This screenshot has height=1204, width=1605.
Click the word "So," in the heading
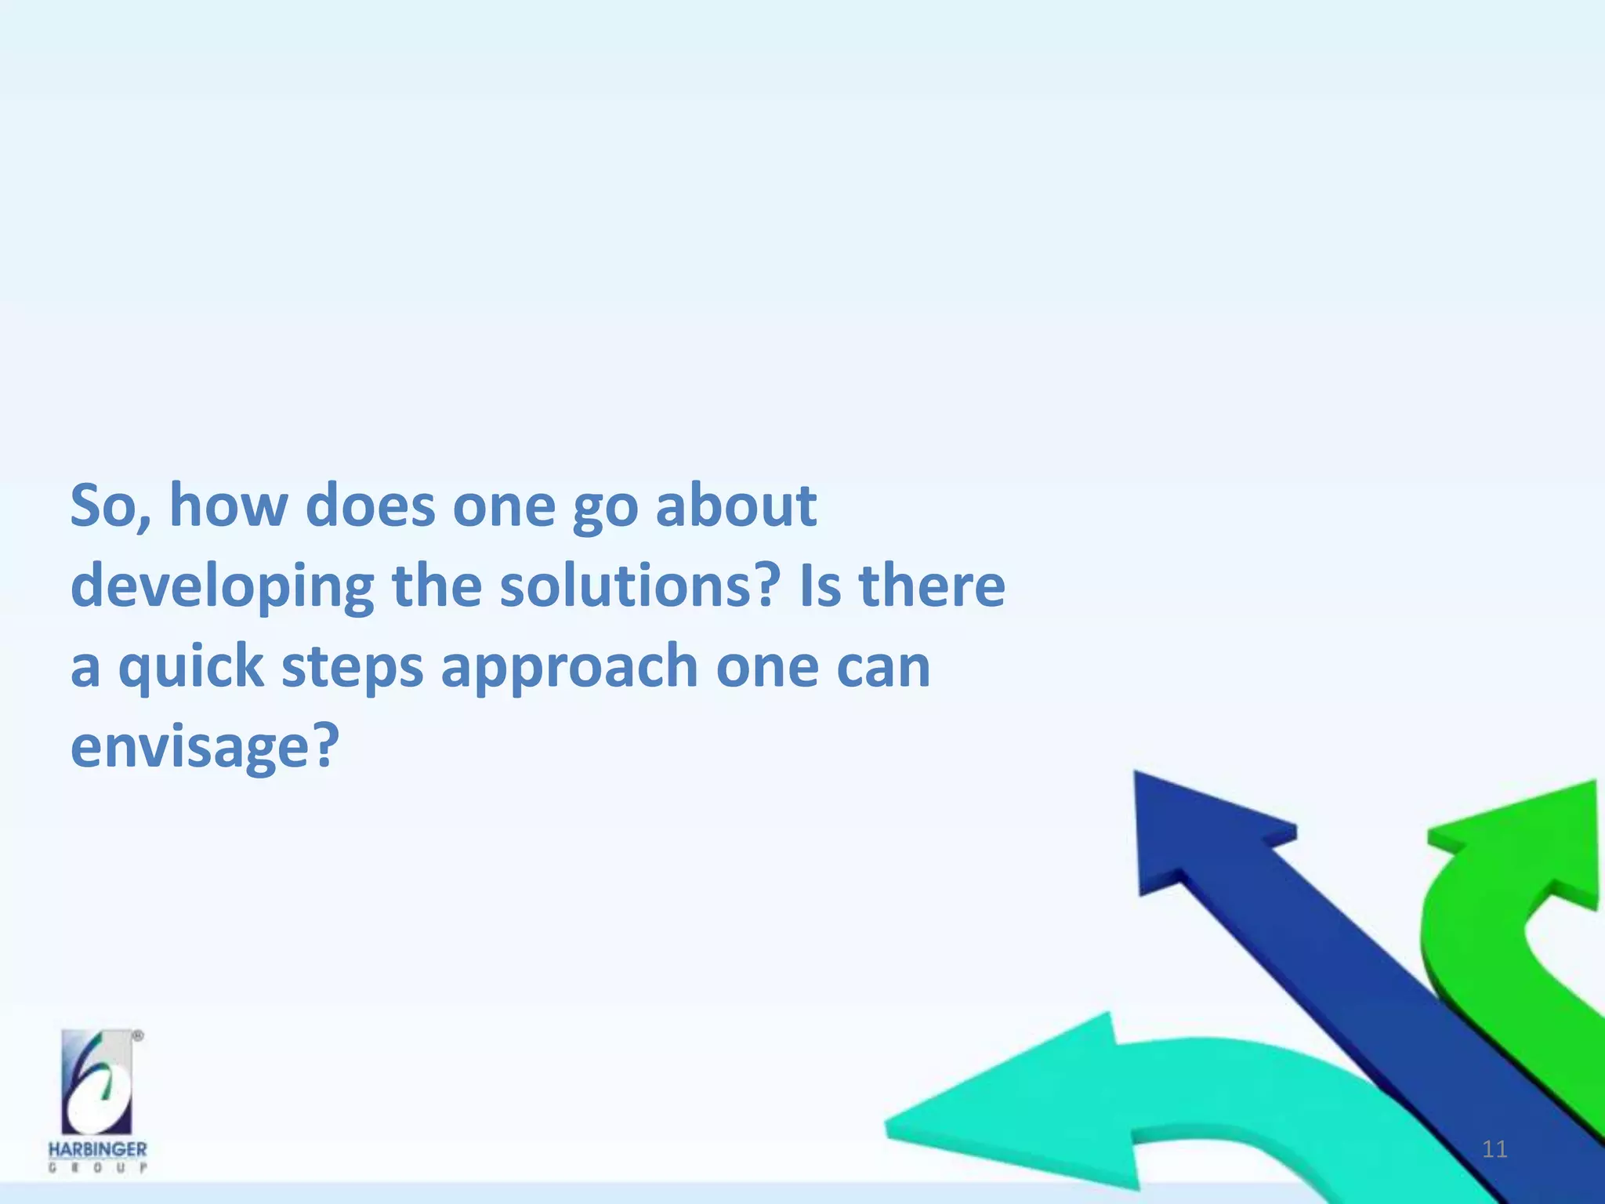point(111,506)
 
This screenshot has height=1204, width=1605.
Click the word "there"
point(933,586)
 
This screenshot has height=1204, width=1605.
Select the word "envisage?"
point(205,747)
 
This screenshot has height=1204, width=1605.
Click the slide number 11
point(1494,1150)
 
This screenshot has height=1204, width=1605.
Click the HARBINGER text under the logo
point(97,1150)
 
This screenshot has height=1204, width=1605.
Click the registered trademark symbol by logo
point(138,1035)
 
